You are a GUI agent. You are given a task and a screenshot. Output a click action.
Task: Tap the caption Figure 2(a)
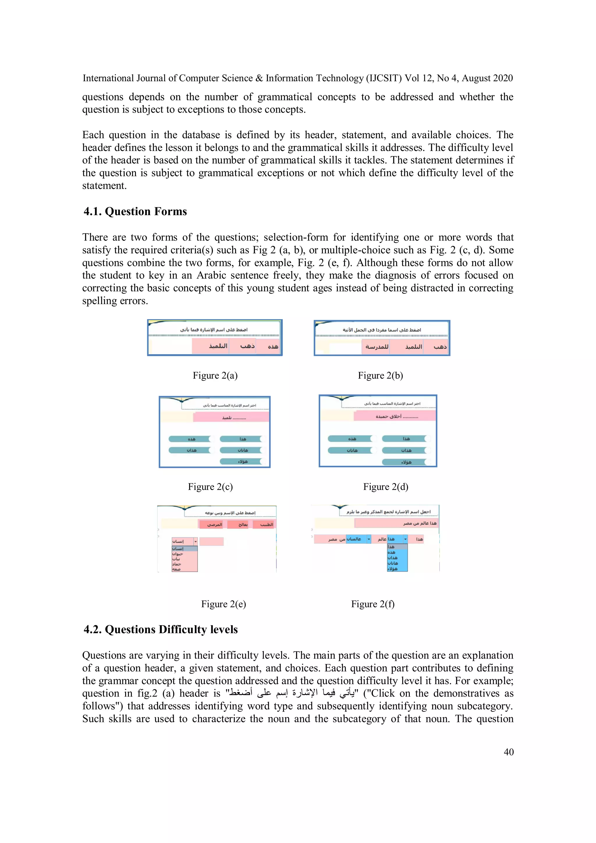[x=215, y=375]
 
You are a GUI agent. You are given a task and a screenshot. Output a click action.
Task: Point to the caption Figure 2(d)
[x=386, y=487]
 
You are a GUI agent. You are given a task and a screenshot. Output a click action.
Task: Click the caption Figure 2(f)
[x=372, y=604]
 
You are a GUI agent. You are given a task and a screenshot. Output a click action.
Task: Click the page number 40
[x=508, y=752]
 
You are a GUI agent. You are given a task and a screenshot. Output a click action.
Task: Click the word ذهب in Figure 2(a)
[x=247, y=346]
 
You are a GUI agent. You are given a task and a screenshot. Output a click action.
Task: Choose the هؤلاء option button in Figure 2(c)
[x=241, y=462]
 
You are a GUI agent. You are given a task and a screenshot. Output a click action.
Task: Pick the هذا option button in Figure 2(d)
[x=405, y=439]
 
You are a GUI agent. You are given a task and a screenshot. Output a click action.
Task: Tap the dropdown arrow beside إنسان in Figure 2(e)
[x=195, y=541]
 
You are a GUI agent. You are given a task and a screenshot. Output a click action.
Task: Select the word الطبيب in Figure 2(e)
[x=266, y=524]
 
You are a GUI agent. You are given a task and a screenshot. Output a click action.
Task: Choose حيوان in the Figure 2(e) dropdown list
[x=178, y=554]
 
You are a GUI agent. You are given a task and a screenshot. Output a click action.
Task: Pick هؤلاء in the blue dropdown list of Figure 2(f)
[x=393, y=569]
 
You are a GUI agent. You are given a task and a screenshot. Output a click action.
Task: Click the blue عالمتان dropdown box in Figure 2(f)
[x=355, y=539]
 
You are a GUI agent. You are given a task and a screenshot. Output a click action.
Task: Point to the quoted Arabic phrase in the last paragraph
[x=292, y=693]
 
